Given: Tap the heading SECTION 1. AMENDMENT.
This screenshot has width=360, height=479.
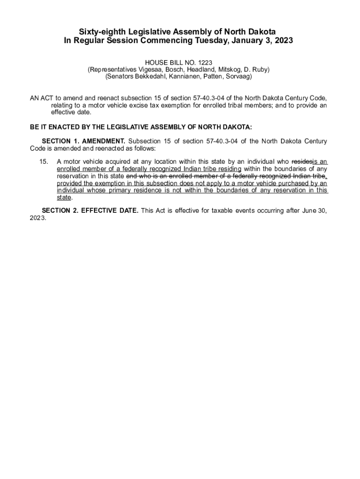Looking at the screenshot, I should [83, 141].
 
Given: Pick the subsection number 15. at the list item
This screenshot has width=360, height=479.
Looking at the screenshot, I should [43, 161].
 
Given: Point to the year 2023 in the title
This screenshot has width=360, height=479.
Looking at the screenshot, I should [282, 41].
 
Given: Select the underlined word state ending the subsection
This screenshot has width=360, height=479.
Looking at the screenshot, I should [64, 197].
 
